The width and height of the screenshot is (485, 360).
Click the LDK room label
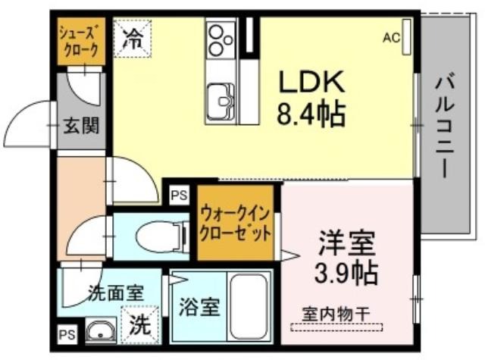click(311, 82)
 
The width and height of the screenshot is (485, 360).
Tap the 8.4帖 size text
click(311, 114)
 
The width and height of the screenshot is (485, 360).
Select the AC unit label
click(391, 38)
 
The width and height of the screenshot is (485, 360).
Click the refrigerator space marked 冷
click(133, 38)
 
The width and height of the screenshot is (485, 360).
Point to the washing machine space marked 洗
click(140, 324)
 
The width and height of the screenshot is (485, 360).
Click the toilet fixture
click(162, 236)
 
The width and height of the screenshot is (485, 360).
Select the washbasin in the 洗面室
click(100, 330)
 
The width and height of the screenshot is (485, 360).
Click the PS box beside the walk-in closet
click(180, 195)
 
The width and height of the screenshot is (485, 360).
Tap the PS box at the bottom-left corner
click(67, 335)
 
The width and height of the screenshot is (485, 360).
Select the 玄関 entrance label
click(81, 126)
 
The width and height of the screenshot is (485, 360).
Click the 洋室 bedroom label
click(346, 243)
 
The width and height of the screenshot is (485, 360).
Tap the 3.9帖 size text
click(346, 274)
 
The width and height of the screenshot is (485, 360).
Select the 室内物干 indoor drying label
click(336, 314)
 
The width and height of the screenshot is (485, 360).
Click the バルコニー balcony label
click(445, 127)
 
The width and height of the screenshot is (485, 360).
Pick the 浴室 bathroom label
click(199, 307)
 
